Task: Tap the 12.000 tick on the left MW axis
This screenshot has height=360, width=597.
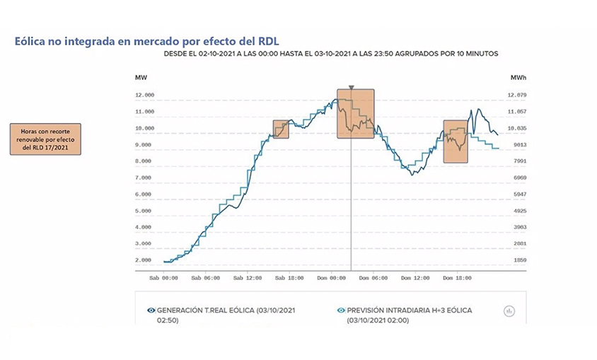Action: point(144,95)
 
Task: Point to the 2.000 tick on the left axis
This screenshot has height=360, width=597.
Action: point(144,260)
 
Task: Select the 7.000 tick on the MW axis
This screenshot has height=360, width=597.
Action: point(144,178)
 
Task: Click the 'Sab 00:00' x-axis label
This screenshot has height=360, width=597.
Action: point(163,279)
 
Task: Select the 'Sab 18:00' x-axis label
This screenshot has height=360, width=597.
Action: point(289,279)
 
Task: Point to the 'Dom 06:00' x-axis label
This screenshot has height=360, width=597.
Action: point(373,279)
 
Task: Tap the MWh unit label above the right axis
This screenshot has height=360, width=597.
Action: point(519,76)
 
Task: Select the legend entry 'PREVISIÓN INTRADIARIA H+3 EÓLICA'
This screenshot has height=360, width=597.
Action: point(410,310)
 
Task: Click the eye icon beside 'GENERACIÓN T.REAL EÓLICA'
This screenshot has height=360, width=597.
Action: point(151,310)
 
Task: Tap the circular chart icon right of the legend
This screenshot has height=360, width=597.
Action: point(508,310)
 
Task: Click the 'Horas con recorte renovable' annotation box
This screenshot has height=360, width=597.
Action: point(45,139)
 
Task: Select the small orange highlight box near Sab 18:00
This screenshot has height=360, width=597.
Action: point(281,129)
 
